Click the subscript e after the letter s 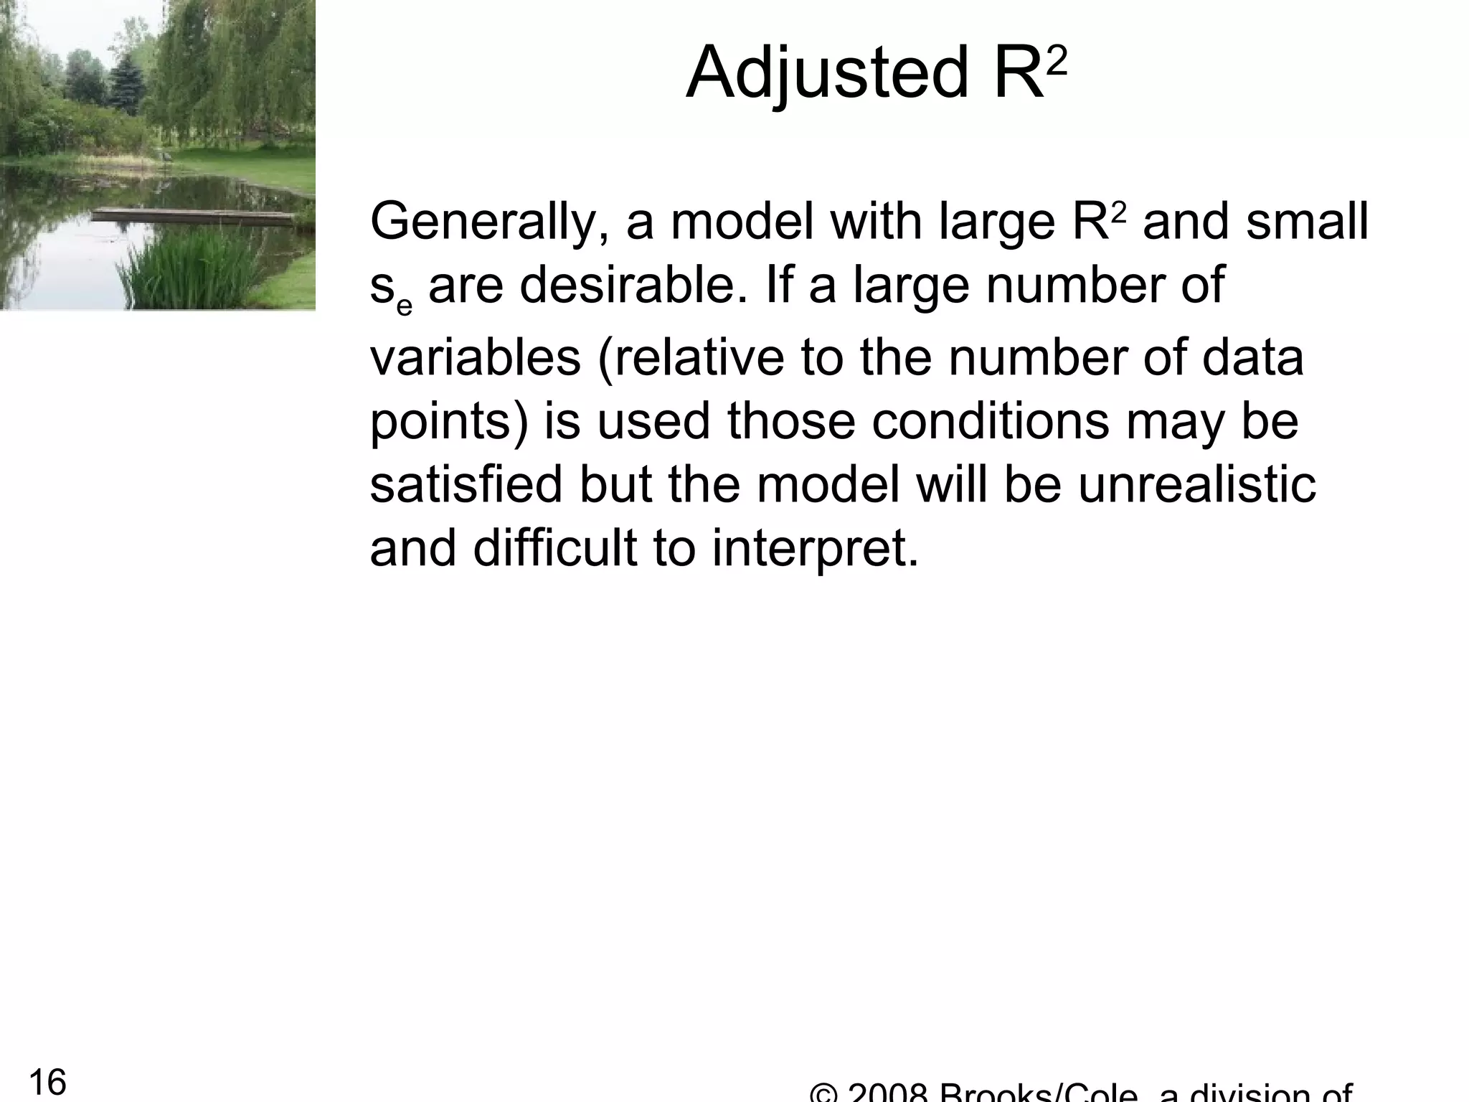pos(405,305)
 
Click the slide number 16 pos(47,1081)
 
